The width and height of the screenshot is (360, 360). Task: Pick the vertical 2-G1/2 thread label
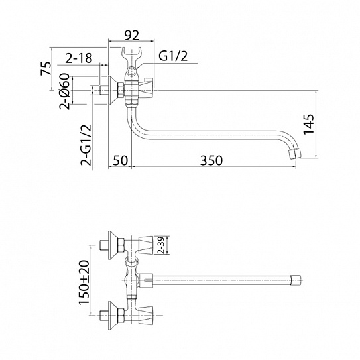pos(86,146)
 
